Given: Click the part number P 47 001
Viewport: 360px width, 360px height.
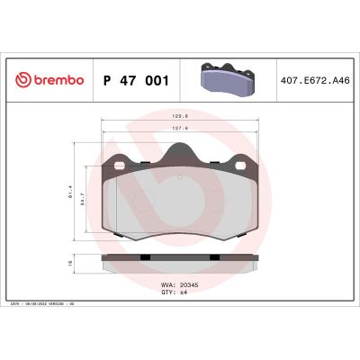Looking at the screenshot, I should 135,80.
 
